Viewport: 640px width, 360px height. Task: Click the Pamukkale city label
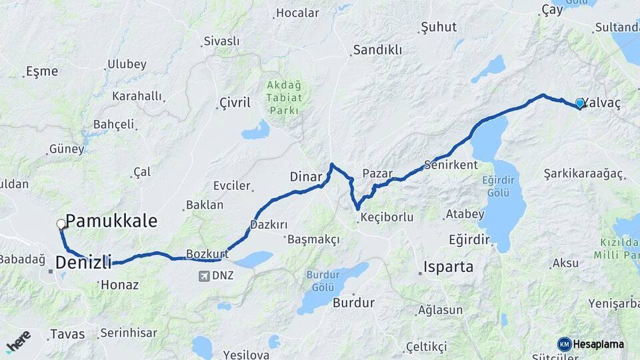(x=111, y=221)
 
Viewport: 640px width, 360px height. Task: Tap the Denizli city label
(x=83, y=263)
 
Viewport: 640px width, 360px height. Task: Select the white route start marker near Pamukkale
(x=61, y=224)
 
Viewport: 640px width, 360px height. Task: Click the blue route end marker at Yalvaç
(x=579, y=103)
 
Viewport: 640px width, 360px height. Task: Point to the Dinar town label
(x=306, y=177)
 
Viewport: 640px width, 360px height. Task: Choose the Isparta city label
(x=448, y=267)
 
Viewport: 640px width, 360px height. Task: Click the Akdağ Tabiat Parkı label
(x=284, y=97)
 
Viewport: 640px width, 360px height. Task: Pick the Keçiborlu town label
(x=387, y=217)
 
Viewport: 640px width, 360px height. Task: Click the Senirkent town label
(x=451, y=165)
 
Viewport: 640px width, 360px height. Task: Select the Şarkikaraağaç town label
(x=583, y=174)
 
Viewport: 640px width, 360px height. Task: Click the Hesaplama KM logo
(x=591, y=344)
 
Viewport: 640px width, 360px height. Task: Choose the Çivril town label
(x=235, y=103)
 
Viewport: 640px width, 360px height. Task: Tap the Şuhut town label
(x=439, y=27)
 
